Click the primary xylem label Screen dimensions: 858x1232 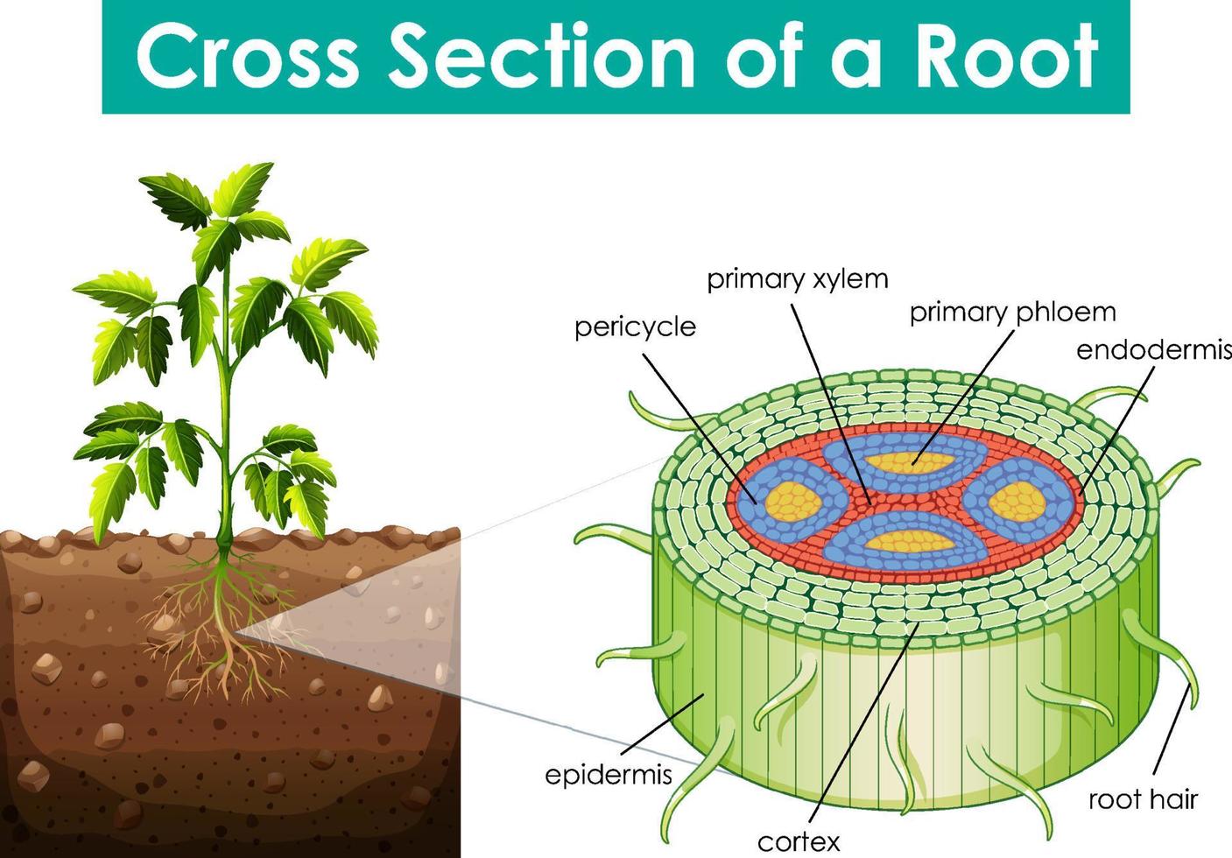[x=797, y=279]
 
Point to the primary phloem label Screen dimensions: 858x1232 [x=1012, y=312]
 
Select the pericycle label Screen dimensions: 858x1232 [x=635, y=327]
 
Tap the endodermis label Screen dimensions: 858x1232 [x=1152, y=350]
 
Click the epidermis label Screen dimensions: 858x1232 [x=608, y=775]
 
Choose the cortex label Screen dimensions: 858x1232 [x=798, y=841]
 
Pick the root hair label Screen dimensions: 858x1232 [x=1143, y=798]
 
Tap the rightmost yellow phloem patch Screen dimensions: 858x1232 [x=1017, y=502]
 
